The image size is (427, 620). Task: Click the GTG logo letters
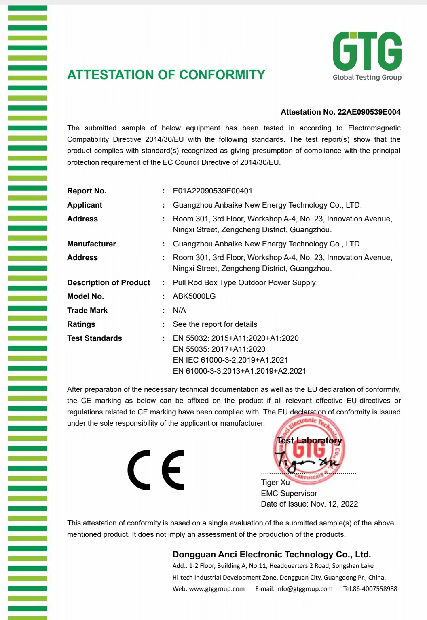pos(367,51)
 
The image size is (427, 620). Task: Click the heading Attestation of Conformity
pos(166,75)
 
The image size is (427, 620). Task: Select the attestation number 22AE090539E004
pos(369,112)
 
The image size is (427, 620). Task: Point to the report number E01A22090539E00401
pos(212,191)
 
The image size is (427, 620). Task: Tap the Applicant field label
pos(85,205)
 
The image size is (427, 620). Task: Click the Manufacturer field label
pos(91,244)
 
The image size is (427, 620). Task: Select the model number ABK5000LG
pos(194,296)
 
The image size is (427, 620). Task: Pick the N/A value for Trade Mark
pos(179,310)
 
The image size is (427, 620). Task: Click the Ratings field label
pos(81,324)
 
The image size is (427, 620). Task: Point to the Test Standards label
pos(94,338)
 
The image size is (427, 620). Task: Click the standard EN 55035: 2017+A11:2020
pos(219,349)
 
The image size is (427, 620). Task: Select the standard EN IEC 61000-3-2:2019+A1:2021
pos(230,360)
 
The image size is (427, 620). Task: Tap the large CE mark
pos(156,470)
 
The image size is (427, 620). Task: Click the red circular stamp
pos(309,449)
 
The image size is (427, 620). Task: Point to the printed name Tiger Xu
pos(275,482)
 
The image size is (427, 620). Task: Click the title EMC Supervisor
pos(289,493)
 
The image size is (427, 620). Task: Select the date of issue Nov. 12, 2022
pos(334,504)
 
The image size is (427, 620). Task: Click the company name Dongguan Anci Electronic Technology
pos(271,554)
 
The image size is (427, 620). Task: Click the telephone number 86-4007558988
pos(375,588)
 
